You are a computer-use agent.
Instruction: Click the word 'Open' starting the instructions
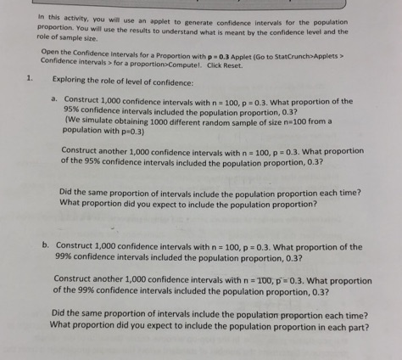pos(50,52)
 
